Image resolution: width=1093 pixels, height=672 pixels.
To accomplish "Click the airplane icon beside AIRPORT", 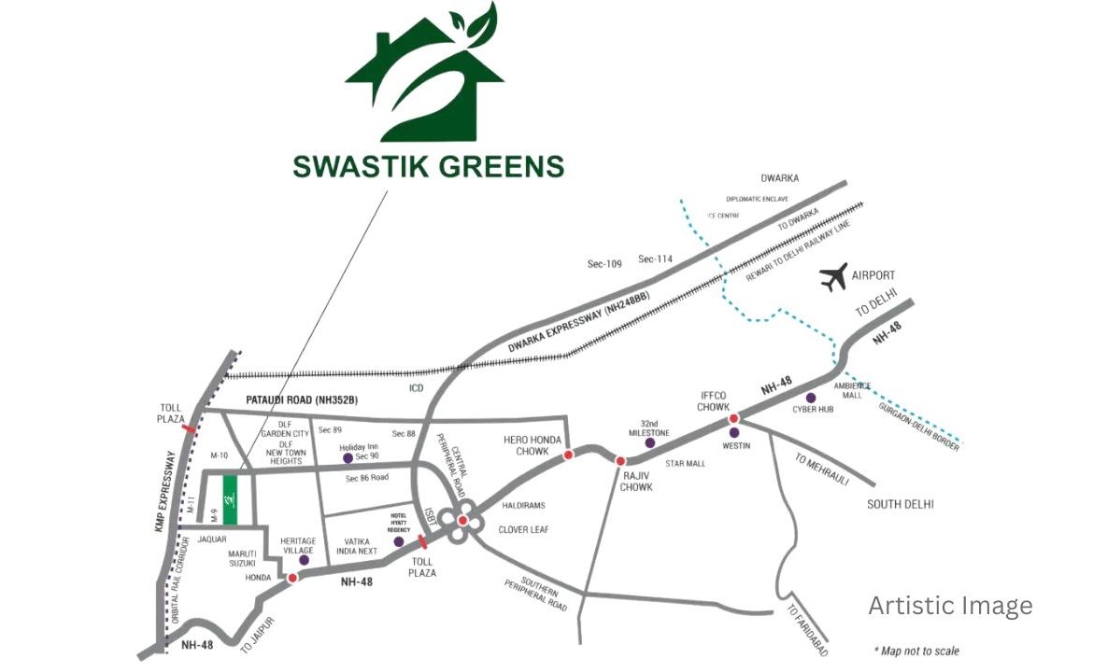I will click(833, 276).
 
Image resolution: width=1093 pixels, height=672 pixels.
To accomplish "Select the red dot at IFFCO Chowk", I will click(734, 418).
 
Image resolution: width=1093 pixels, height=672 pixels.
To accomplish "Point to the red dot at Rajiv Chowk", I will click(620, 460).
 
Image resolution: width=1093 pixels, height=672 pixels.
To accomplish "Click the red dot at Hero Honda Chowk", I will click(568, 455).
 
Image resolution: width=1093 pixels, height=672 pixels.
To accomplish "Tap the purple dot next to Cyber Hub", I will click(811, 398).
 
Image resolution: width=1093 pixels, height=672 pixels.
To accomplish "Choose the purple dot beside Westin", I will click(734, 432).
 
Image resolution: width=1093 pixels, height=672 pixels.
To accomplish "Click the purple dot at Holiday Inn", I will click(348, 457).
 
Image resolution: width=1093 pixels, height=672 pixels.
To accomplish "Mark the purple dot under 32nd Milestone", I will click(650, 442).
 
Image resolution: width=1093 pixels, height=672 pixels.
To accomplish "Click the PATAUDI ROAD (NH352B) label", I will click(302, 400).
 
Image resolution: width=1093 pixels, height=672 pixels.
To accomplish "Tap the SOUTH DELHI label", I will click(901, 505).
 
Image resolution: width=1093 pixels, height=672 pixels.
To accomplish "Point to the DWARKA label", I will click(780, 177).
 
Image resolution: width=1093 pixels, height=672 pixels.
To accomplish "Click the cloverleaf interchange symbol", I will click(461, 521).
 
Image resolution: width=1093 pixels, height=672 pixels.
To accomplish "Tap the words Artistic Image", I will click(950, 606).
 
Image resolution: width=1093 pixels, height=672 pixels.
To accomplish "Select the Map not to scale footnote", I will click(916, 651).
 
